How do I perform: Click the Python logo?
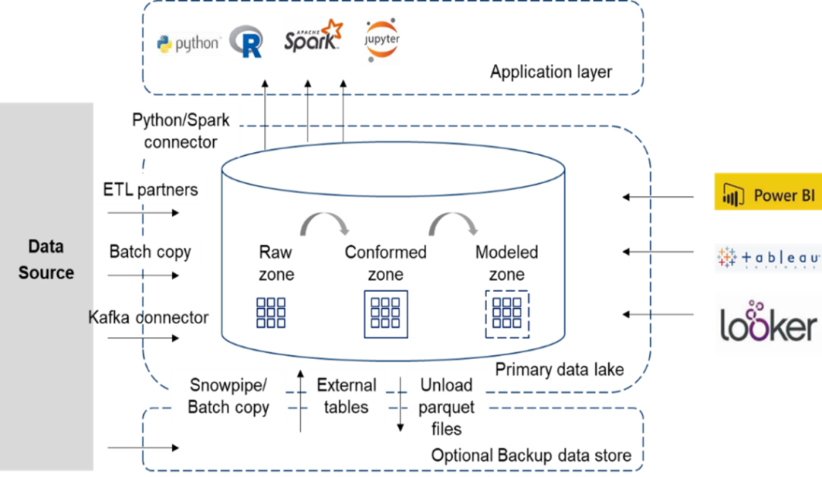[x=188, y=43]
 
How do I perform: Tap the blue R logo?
[x=247, y=42]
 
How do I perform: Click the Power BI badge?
[x=767, y=195]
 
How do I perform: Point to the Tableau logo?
[x=768, y=259]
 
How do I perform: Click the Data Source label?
[x=46, y=259]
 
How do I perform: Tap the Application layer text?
[x=551, y=72]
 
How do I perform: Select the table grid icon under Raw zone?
[x=271, y=313]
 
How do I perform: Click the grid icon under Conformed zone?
[x=386, y=313]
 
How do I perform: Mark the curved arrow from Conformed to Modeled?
[x=455, y=221]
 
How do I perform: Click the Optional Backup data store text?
[x=531, y=456]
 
